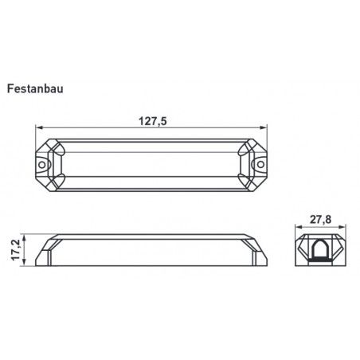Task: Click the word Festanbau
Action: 35,88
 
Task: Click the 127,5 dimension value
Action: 153,121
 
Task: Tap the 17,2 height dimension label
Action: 16,250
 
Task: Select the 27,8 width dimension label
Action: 320,220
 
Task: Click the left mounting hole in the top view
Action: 42,165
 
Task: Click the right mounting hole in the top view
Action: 261,164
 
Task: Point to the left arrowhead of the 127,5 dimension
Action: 39,127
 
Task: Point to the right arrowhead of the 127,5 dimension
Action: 264,127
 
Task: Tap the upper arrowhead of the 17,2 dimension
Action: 24,238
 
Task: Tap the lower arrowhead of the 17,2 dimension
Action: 24,262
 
